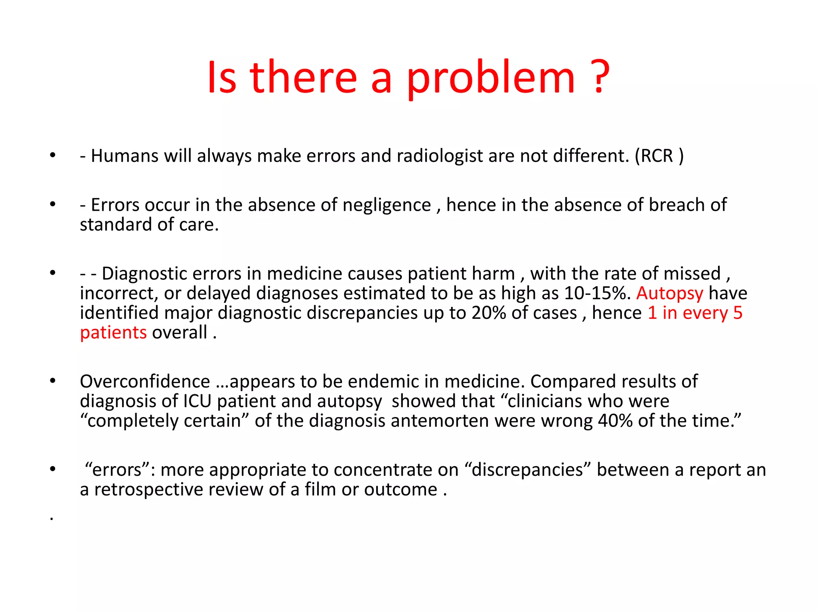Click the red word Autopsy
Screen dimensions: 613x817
pos(669,293)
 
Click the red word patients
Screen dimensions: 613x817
pos(113,332)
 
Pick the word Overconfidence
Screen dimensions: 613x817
pos(145,381)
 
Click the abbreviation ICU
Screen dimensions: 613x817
pos(197,401)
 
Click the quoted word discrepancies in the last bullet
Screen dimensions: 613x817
pos(527,470)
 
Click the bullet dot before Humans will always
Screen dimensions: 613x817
pos(52,155)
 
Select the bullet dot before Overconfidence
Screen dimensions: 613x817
pos(52,381)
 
